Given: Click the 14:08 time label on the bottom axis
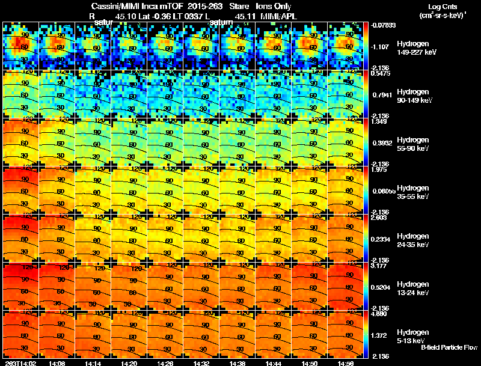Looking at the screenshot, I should (57, 363).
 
